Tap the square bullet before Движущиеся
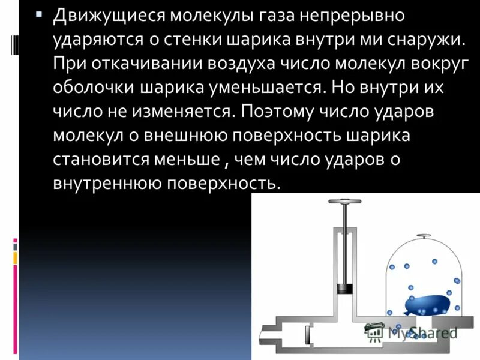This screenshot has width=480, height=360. (39, 14)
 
